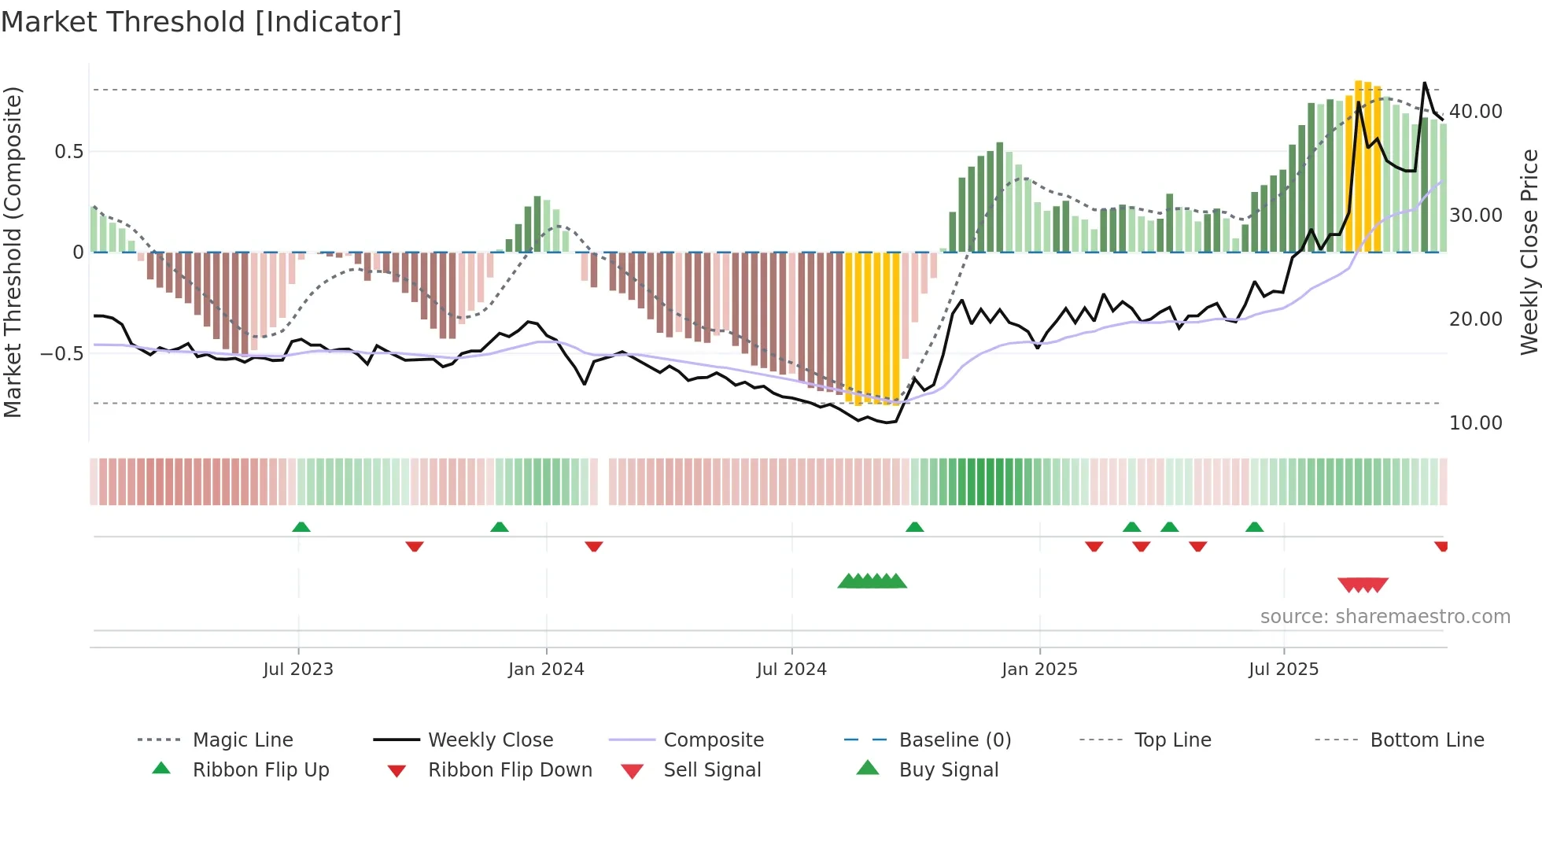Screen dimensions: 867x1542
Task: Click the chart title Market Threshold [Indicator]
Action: click(x=201, y=22)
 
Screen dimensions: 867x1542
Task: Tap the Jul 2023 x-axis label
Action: click(x=298, y=670)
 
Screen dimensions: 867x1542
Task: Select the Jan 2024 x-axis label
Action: click(x=546, y=670)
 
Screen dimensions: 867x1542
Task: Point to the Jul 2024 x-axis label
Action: click(x=791, y=670)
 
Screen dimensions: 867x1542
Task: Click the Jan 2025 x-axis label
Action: click(x=1039, y=670)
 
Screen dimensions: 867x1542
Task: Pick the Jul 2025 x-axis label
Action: click(x=1283, y=670)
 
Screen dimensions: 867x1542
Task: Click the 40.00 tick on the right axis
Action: click(x=1475, y=112)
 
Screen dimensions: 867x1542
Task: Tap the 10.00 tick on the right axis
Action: click(x=1475, y=423)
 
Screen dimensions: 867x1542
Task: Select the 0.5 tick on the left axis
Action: click(x=68, y=152)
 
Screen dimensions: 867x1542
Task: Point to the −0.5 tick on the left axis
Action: click(x=62, y=354)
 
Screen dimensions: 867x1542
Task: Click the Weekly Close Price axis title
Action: click(x=1529, y=252)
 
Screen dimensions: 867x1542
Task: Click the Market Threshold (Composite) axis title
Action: click(x=13, y=252)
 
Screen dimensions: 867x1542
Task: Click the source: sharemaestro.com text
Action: click(x=1385, y=617)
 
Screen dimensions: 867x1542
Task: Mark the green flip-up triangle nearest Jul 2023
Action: click(x=301, y=527)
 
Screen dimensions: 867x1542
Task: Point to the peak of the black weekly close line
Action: click(x=1424, y=83)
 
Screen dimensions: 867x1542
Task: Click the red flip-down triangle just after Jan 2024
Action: click(x=594, y=546)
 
